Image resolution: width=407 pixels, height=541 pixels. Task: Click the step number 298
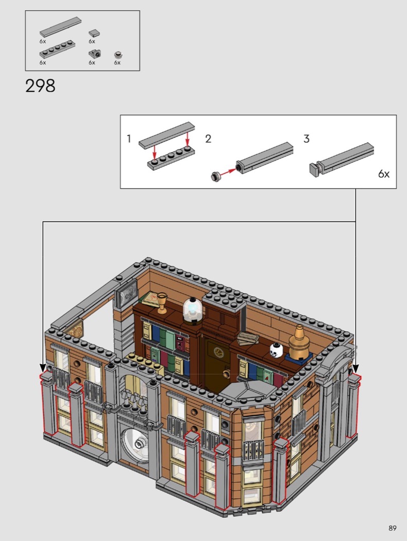pyautogui.click(x=40, y=86)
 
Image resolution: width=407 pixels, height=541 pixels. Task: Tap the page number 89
pyautogui.click(x=392, y=528)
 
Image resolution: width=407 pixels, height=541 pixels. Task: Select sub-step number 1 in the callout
pyautogui.click(x=129, y=139)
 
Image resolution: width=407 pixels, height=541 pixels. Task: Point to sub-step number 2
pyautogui.click(x=208, y=139)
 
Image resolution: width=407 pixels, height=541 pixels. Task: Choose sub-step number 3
pyautogui.click(x=307, y=139)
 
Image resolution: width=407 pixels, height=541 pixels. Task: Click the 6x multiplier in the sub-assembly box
pyautogui.click(x=383, y=174)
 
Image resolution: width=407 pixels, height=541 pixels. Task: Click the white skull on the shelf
pyautogui.click(x=276, y=350)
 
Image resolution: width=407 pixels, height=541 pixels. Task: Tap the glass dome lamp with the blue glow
pyautogui.click(x=192, y=310)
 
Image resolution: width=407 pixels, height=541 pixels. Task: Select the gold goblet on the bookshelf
pyautogui.click(x=162, y=303)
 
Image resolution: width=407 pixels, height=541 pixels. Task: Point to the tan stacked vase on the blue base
pyautogui.click(x=299, y=343)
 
